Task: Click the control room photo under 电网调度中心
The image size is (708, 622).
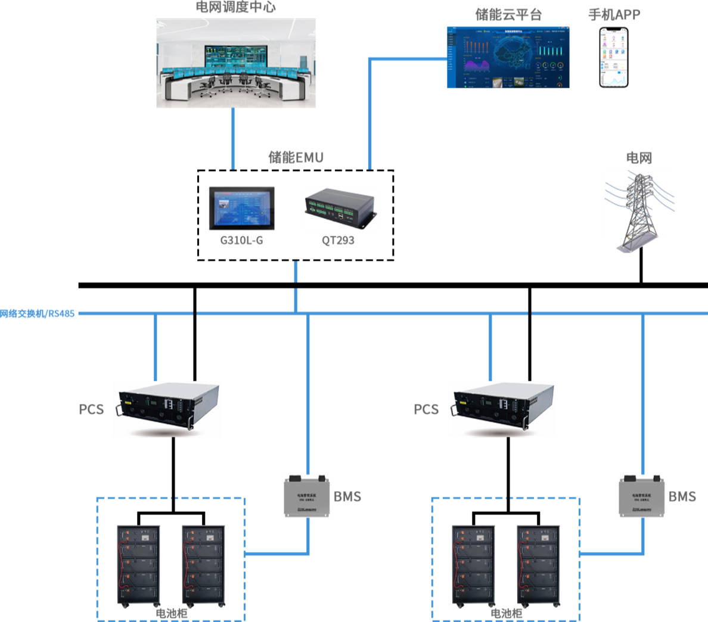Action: click(x=236, y=63)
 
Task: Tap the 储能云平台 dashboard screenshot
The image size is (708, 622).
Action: click(x=508, y=57)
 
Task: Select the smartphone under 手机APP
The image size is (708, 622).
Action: click(x=614, y=57)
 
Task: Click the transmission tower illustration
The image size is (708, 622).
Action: click(x=639, y=210)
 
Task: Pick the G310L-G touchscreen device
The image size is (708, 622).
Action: click(x=242, y=208)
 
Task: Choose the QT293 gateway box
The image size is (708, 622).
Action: click(x=341, y=209)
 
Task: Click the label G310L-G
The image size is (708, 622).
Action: click(x=241, y=240)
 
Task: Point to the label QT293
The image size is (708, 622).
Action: click(x=338, y=240)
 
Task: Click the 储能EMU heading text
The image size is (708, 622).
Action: click(x=296, y=157)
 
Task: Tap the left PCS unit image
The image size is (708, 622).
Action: click(x=167, y=409)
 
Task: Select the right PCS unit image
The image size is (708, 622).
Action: click(x=502, y=409)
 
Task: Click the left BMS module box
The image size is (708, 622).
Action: click(x=307, y=496)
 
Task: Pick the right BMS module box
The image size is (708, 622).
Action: click(x=641, y=496)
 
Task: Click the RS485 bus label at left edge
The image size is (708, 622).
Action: click(x=38, y=313)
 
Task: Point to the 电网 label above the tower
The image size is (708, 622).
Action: click(x=639, y=158)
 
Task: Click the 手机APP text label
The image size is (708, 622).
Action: click(x=614, y=14)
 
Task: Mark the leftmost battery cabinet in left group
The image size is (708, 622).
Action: click(x=138, y=566)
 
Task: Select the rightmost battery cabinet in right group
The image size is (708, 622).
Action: click(x=539, y=566)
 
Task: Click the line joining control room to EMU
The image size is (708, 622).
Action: click(x=233, y=138)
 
